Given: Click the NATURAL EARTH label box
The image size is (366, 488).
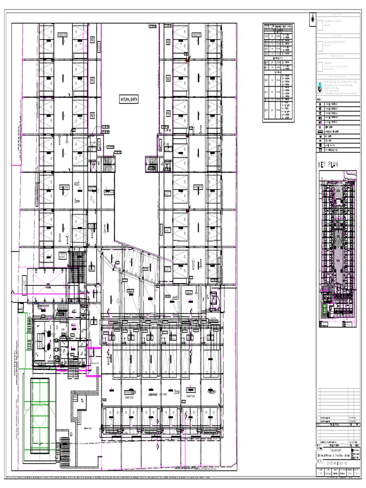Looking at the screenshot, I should pos(129,100).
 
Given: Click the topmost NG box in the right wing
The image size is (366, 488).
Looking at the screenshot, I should pos(168,42).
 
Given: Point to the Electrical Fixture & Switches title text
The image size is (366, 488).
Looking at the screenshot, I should pos(333,455).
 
